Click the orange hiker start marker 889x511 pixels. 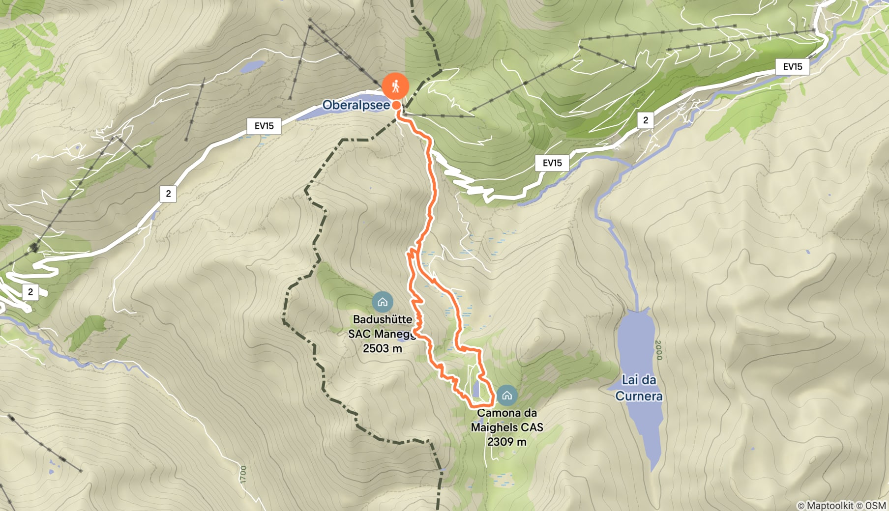[x=395, y=87]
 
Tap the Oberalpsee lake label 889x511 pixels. [x=356, y=105]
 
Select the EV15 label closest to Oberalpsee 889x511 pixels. [x=264, y=126]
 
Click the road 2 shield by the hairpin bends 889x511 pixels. [x=30, y=292]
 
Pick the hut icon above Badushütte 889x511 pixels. [x=382, y=302]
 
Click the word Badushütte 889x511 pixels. [x=383, y=319]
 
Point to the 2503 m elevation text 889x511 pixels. [x=383, y=348]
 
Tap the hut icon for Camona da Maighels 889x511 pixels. [x=506, y=395]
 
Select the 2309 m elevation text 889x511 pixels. [x=506, y=442]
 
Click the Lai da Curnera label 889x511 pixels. [x=639, y=388]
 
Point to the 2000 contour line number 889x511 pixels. [x=659, y=350]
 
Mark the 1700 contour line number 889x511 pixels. [x=243, y=475]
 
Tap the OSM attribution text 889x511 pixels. [x=875, y=506]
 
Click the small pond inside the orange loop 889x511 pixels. [x=476, y=389]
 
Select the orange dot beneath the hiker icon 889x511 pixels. [x=396, y=105]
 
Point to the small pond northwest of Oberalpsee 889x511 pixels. [x=253, y=66]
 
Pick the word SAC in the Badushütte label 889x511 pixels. [x=358, y=334]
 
